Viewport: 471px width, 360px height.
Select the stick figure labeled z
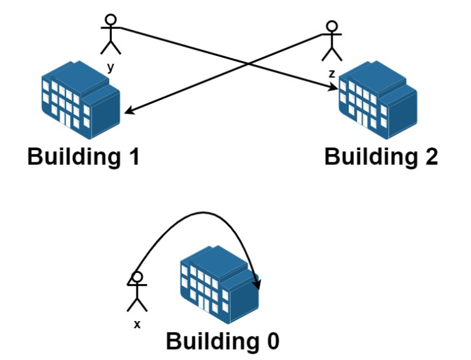(332, 42)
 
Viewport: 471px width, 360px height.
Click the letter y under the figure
(110, 66)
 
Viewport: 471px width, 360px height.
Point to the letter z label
(332, 74)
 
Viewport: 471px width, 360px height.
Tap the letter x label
(137, 324)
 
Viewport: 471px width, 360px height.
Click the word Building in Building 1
(71, 157)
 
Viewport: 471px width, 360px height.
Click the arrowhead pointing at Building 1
(127, 112)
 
